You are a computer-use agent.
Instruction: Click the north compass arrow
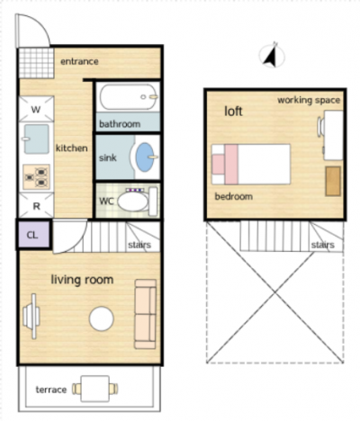pos(271,56)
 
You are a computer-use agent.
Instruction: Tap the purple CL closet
pos(32,235)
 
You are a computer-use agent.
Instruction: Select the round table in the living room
pos(102,318)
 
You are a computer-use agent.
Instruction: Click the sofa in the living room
pos(146,314)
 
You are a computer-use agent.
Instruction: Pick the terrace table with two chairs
pos(94,389)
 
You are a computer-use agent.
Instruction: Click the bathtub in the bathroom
pos(129,97)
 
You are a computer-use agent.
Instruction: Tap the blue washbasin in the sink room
pos(145,157)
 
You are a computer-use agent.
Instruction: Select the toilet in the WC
pos(137,202)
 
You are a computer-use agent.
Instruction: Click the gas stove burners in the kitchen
pos(36,176)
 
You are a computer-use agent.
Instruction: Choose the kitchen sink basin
pos(37,139)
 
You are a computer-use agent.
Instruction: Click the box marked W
pos(36,109)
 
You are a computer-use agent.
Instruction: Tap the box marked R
pos(36,206)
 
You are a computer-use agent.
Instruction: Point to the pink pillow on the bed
pos(219,164)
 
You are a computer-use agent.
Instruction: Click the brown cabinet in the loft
pos(333,181)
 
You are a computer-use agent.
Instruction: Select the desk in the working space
pos(333,135)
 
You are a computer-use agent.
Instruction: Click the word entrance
pos(79,61)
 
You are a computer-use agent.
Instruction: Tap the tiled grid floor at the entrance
pos(37,63)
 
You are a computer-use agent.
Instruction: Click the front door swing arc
pos(40,23)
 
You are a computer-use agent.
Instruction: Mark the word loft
pos(233,112)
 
